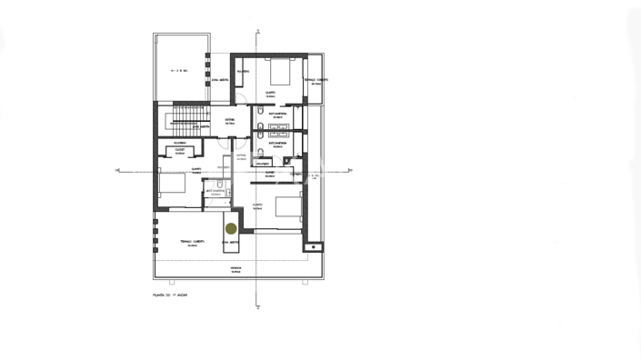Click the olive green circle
(x=231, y=229)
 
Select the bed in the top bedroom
(x=280, y=73)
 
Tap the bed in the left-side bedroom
(x=171, y=185)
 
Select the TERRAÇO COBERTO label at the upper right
(x=315, y=80)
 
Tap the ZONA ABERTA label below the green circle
(x=231, y=244)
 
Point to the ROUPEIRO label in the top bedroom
(x=244, y=73)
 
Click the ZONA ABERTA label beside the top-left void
(x=219, y=81)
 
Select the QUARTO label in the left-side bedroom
(x=195, y=170)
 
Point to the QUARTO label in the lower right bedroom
(x=257, y=206)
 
